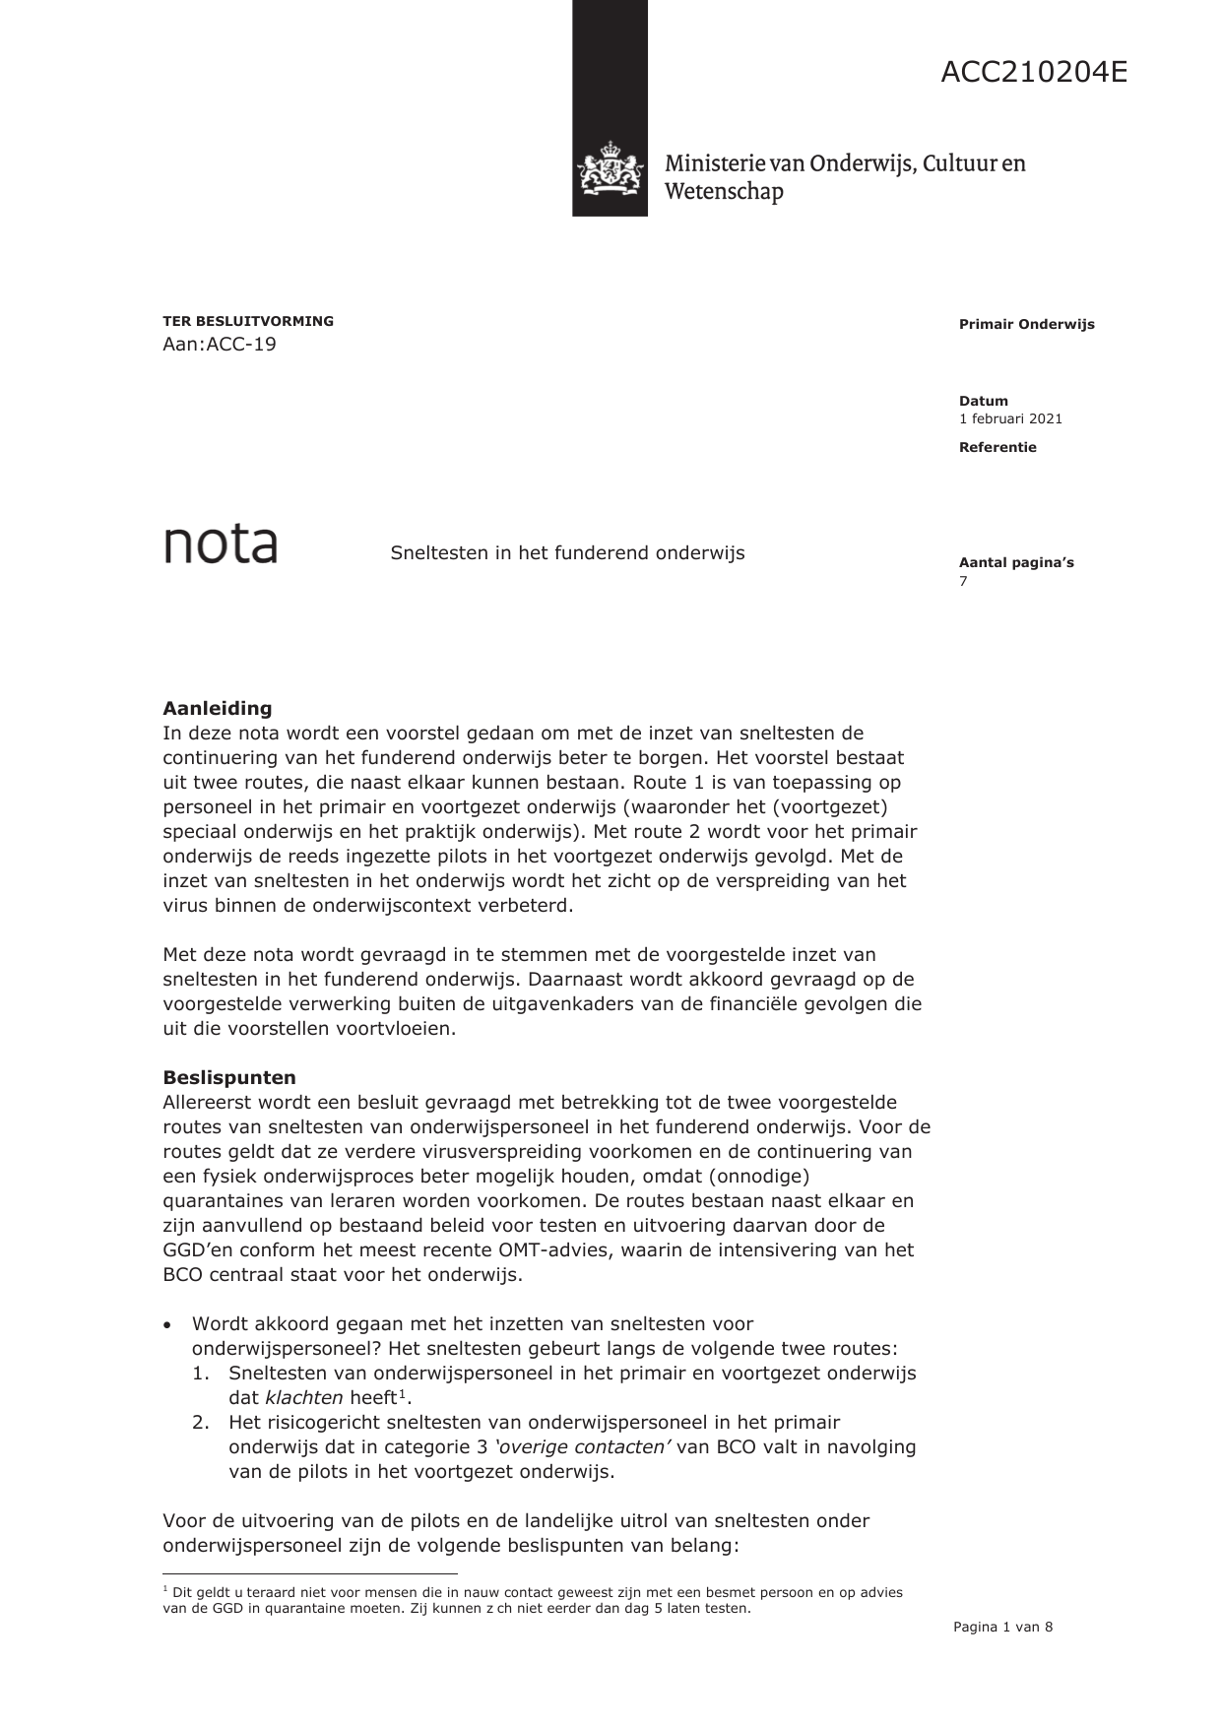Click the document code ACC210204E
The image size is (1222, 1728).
click(1033, 73)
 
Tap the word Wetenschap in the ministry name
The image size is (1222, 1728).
click(724, 191)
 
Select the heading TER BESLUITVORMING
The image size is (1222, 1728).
click(248, 321)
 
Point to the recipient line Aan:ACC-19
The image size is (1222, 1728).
click(220, 345)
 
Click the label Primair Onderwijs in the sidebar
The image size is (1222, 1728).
click(1026, 325)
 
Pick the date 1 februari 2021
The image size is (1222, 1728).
click(1010, 418)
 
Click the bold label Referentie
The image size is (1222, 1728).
click(997, 447)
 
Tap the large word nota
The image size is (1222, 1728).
click(220, 544)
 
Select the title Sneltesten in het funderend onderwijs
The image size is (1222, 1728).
click(567, 553)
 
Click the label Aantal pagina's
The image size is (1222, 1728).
click(1016, 563)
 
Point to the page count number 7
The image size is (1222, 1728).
click(963, 581)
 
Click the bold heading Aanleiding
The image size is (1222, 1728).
click(217, 708)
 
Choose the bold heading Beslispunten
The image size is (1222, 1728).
click(228, 1077)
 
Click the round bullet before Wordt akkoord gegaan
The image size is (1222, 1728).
click(168, 1325)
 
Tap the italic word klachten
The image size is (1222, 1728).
click(304, 1397)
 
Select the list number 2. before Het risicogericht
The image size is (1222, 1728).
click(201, 1422)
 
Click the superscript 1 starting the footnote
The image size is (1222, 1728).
click(165, 1589)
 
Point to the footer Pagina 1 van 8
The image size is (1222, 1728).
click(1002, 1628)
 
